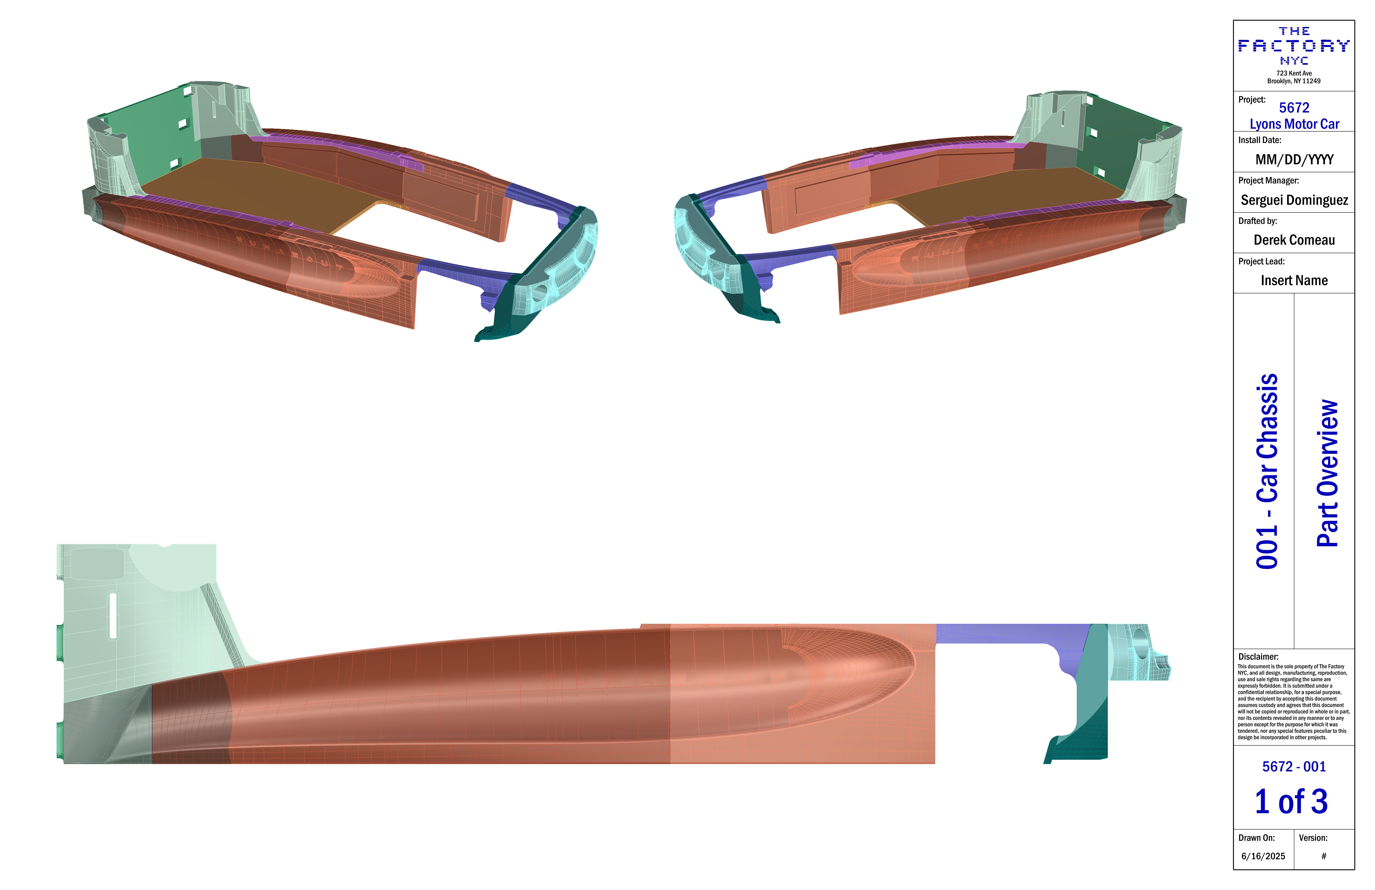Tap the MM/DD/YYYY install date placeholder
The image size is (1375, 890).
[1294, 159]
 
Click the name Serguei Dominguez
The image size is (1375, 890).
[1294, 200]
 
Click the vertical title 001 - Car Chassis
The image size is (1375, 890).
[1267, 471]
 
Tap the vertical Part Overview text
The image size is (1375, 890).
[1327, 473]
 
